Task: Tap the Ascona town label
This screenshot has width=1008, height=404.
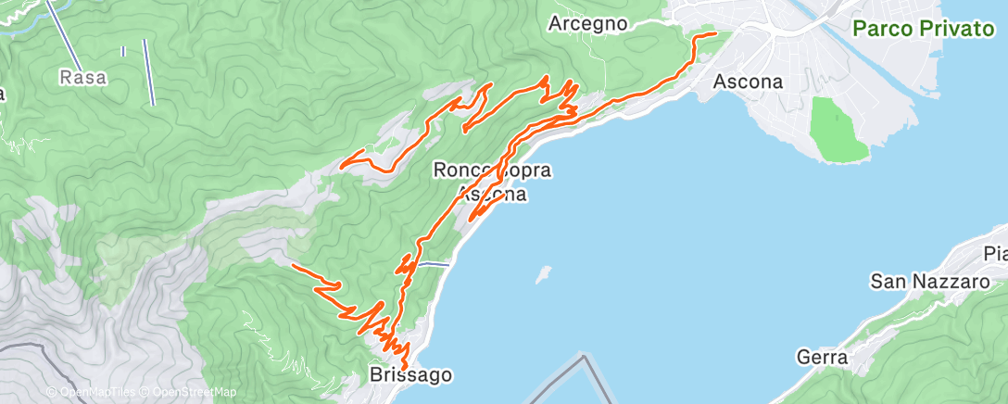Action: (748, 82)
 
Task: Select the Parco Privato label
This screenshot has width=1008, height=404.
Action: (923, 29)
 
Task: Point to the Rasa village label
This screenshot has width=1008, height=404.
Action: (83, 78)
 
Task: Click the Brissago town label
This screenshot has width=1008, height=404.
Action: (410, 375)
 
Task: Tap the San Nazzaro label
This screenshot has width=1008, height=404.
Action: (930, 281)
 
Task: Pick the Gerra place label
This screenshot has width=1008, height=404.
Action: (823, 357)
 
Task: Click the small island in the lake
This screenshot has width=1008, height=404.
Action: (543, 274)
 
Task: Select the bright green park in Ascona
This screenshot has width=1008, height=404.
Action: (837, 130)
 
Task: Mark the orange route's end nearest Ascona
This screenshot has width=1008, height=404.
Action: (716, 33)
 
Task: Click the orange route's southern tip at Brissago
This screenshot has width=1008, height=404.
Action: (405, 368)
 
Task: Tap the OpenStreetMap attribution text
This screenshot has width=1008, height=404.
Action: (195, 393)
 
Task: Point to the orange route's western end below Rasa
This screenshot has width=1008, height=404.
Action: (343, 166)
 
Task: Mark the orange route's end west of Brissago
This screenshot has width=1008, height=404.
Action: (293, 265)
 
